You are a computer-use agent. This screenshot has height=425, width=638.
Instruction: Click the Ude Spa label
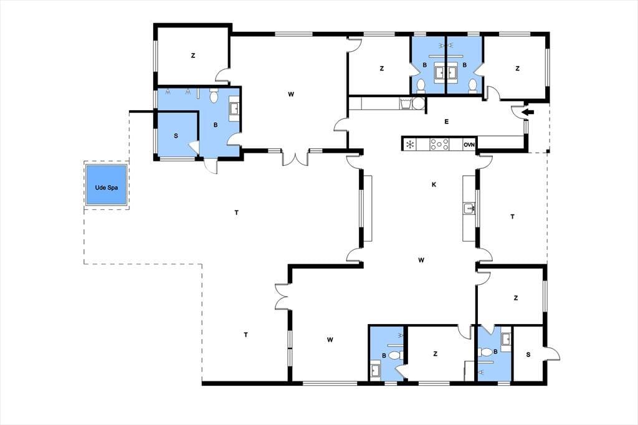click(106, 188)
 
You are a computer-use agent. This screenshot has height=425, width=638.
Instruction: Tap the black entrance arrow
click(528, 112)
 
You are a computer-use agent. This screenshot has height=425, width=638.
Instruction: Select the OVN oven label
click(469, 145)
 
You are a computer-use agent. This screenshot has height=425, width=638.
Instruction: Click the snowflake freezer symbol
click(410, 144)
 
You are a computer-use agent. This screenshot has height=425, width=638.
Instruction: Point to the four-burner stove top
click(439, 144)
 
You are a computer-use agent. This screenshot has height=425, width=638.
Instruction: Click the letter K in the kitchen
click(434, 184)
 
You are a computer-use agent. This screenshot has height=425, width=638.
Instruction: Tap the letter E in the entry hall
click(446, 122)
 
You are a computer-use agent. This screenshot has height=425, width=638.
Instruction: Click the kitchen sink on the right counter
click(469, 208)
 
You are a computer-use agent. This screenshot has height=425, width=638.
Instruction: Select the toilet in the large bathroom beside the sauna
click(214, 96)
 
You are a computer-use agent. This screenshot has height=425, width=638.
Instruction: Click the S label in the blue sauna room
click(176, 136)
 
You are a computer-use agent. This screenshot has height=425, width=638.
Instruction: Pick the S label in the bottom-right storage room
click(528, 355)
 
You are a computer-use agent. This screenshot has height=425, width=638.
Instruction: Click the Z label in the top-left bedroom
click(193, 55)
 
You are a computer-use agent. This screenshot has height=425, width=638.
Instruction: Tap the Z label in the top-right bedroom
click(517, 69)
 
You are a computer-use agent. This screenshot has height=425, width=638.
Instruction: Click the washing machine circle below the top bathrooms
click(418, 103)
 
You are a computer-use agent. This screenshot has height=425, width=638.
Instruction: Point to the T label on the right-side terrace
click(512, 217)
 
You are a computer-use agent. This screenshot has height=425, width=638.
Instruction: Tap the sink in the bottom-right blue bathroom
click(506, 339)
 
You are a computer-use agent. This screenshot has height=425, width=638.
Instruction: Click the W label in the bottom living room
click(330, 340)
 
